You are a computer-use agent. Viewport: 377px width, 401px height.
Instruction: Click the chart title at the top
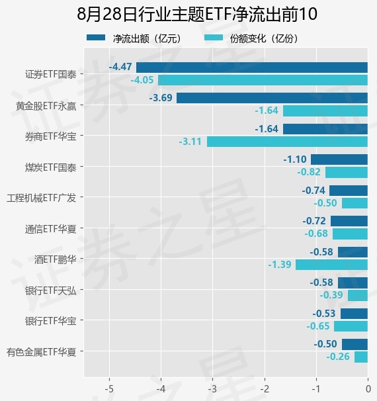pos(197,14)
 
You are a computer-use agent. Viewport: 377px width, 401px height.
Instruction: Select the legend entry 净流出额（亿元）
pos(134,38)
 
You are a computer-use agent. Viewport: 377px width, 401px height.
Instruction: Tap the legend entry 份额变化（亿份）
pos(251,38)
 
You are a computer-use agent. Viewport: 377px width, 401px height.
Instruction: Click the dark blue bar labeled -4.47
pos(252,67)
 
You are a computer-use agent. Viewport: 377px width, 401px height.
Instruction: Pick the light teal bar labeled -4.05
pos(263,80)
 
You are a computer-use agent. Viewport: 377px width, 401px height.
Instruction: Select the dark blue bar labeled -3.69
pos(272,98)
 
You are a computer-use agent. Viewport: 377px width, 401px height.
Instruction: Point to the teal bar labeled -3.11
pos(287,142)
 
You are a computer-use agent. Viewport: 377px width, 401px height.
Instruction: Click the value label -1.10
pos(295,159)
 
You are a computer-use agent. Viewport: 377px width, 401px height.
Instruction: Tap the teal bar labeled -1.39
pos(331,265)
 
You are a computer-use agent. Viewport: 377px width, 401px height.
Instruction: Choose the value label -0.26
pos(338,357)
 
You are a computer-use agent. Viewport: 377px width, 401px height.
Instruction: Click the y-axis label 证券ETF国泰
pos(51,74)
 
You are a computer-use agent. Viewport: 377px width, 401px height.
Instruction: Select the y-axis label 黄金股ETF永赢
pos(46,106)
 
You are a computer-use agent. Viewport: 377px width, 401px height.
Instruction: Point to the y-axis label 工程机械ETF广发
pos(42,198)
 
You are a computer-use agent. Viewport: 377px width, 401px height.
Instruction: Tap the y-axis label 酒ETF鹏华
pos(56,259)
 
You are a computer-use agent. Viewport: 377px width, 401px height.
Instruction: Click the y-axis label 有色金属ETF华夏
pos(42,352)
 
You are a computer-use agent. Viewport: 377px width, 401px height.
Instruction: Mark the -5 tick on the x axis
pos(109,389)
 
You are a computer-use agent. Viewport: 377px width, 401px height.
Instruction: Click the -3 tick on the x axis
pos(212,389)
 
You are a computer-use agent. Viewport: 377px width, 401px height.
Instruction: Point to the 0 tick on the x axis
pos(368,389)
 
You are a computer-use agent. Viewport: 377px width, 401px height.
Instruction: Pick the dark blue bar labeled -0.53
pos(354,314)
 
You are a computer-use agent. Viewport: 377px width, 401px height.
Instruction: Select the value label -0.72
pos(314,221)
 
